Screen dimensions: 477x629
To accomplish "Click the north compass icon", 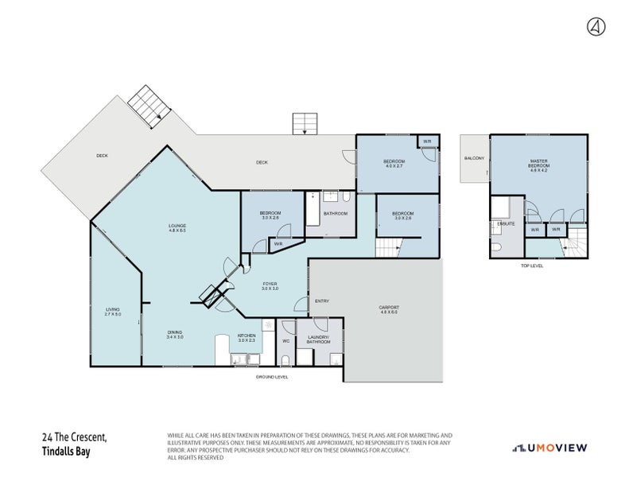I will tap(596, 26).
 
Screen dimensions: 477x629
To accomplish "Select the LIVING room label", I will tap(113, 309).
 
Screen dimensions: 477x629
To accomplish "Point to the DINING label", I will tap(175, 332).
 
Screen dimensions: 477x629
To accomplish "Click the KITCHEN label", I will tap(246, 335).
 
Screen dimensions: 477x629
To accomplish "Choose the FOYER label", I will tap(270, 283).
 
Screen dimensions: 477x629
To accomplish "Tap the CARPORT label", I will tap(390, 307).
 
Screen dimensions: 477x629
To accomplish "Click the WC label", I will tap(284, 341).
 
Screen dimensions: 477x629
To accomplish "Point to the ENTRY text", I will tap(322, 301).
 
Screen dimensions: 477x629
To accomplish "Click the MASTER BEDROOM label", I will tap(540, 164).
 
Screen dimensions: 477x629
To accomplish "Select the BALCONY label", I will tap(474, 158).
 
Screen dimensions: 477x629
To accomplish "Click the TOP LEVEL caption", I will tap(531, 266).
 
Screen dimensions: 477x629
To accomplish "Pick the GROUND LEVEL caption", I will tap(272, 377).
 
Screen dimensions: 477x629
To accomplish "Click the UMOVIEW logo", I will tap(549, 448).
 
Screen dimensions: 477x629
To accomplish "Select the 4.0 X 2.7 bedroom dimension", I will tap(394, 167).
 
